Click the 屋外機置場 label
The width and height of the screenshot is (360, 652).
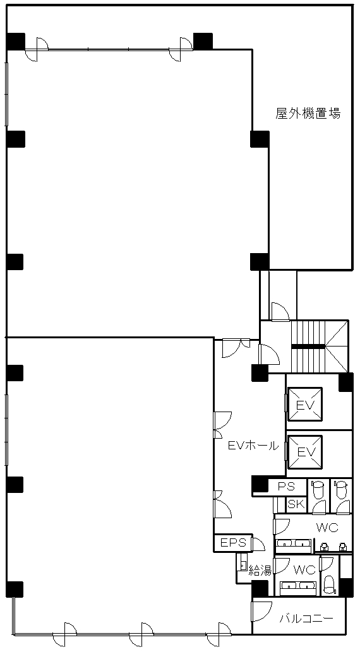pyautogui.click(x=308, y=113)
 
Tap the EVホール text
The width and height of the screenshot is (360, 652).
pyautogui.click(x=253, y=446)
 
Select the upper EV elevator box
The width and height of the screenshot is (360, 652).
pyautogui.click(x=305, y=404)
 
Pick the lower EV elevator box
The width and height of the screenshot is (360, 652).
pyautogui.click(x=305, y=451)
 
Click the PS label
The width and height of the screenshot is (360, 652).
pyautogui.click(x=286, y=486)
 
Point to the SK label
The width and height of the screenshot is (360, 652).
pyautogui.click(x=296, y=504)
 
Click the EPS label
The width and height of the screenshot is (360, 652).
pyautogui.click(x=234, y=543)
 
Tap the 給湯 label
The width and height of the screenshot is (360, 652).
pyautogui.click(x=260, y=571)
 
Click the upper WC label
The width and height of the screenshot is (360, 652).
pyautogui.click(x=327, y=528)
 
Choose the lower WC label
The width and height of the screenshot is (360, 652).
pyautogui.click(x=304, y=570)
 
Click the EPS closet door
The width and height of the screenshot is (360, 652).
pyautogui.click(x=258, y=543)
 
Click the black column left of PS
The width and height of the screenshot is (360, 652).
pyautogui.click(x=260, y=484)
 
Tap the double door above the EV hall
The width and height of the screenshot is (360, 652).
pyautogui.click(x=236, y=348)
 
